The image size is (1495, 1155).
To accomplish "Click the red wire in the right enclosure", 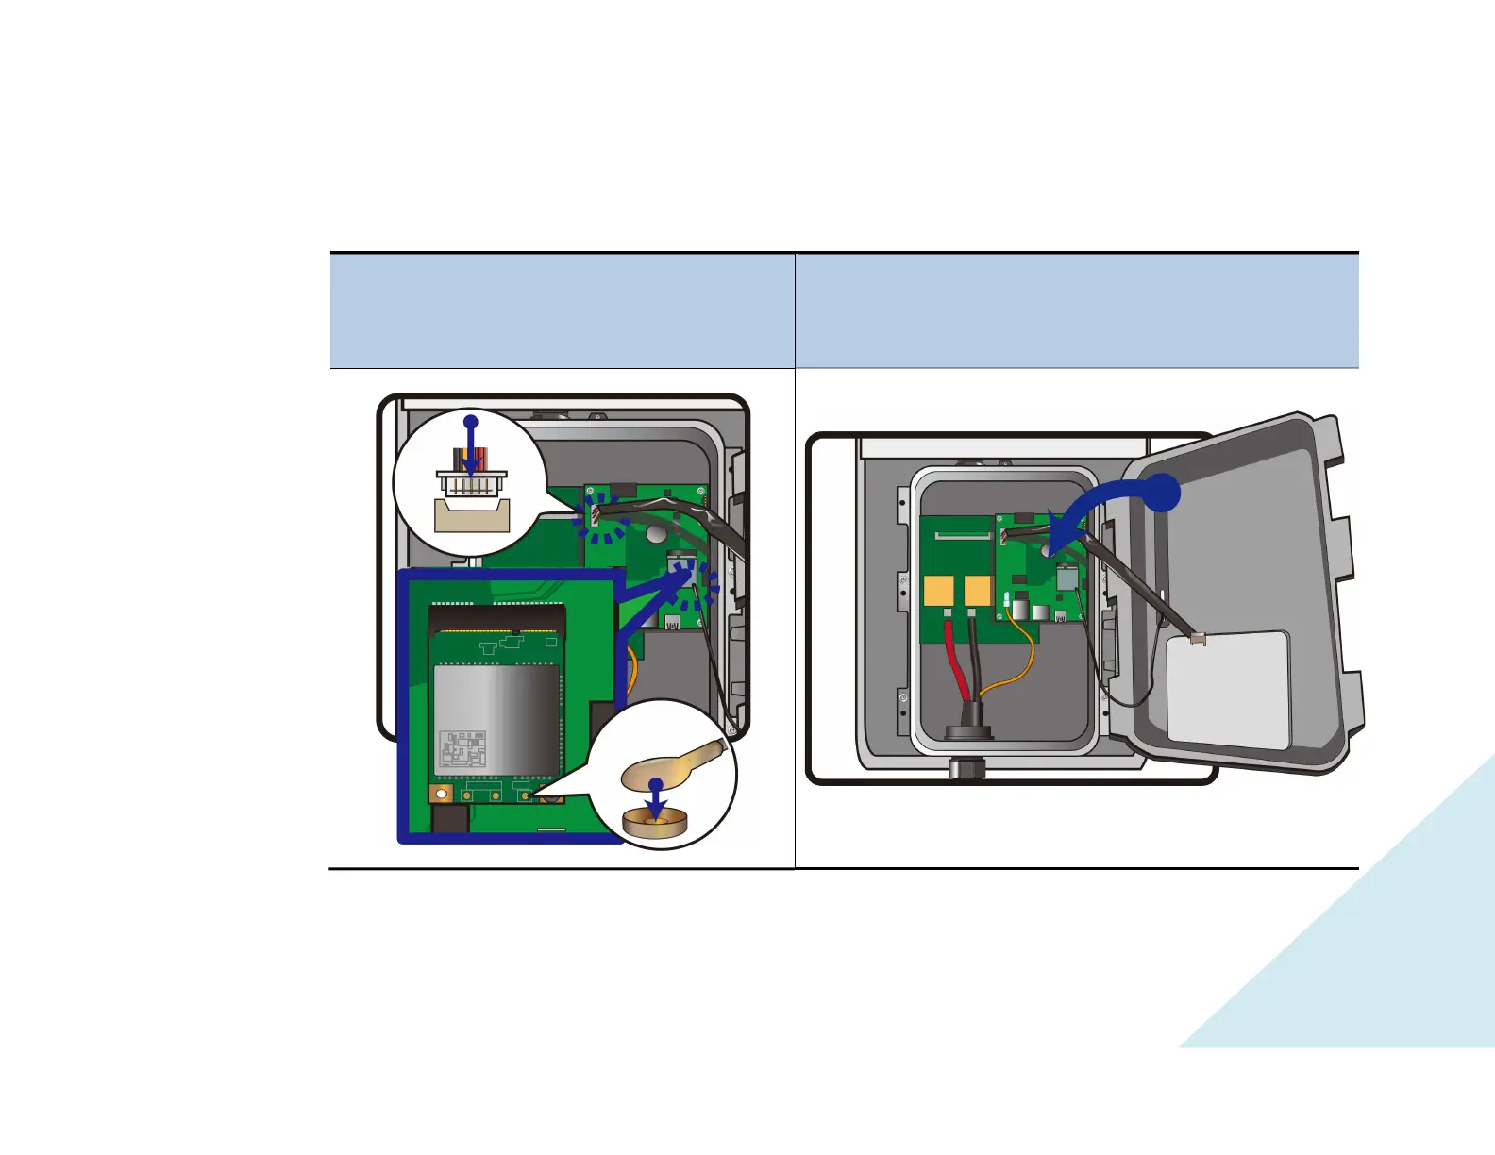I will (x=954, y=661).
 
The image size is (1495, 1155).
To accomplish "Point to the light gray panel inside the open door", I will (x=1228, y=690).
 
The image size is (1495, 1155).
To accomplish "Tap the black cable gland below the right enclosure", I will (x=967, y=767).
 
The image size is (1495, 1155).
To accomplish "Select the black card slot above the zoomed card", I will (x=497, y=619).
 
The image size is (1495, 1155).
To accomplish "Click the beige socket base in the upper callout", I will (x=472, y=514).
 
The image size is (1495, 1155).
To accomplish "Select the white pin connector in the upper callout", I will (x=472, y=481).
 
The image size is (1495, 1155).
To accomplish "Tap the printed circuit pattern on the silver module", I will (x=463, y=750).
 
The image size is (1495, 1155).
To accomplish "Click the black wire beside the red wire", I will (x=972, y=661).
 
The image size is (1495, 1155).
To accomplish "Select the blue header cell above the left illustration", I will (x=562, y=310).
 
